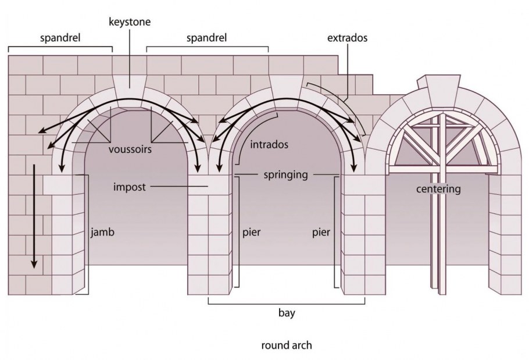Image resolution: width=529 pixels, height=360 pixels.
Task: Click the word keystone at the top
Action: coord(130,22)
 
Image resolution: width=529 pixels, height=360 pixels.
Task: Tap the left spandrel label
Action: coord(60,39)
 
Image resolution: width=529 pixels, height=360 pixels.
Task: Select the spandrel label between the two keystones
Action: coord(207,39)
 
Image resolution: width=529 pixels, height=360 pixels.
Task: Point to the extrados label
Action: coord(347,38)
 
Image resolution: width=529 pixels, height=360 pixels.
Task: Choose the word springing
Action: coord(285,174)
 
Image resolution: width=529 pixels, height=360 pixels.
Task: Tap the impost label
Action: coord(129,187)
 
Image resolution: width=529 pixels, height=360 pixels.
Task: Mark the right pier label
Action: coord(320,233)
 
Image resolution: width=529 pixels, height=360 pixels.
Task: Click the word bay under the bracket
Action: coord(287,313)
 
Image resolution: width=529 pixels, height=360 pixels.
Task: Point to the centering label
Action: coord(438,189)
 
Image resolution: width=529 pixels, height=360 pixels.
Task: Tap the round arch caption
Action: coord(287,345)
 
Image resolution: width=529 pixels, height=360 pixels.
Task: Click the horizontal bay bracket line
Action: coord(287,303)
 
